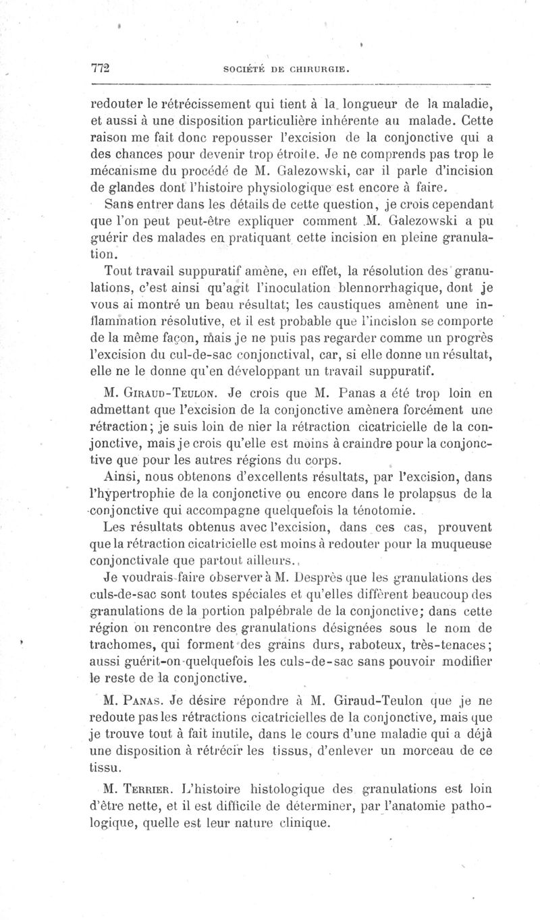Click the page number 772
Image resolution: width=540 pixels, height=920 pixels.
click(100, 69)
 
